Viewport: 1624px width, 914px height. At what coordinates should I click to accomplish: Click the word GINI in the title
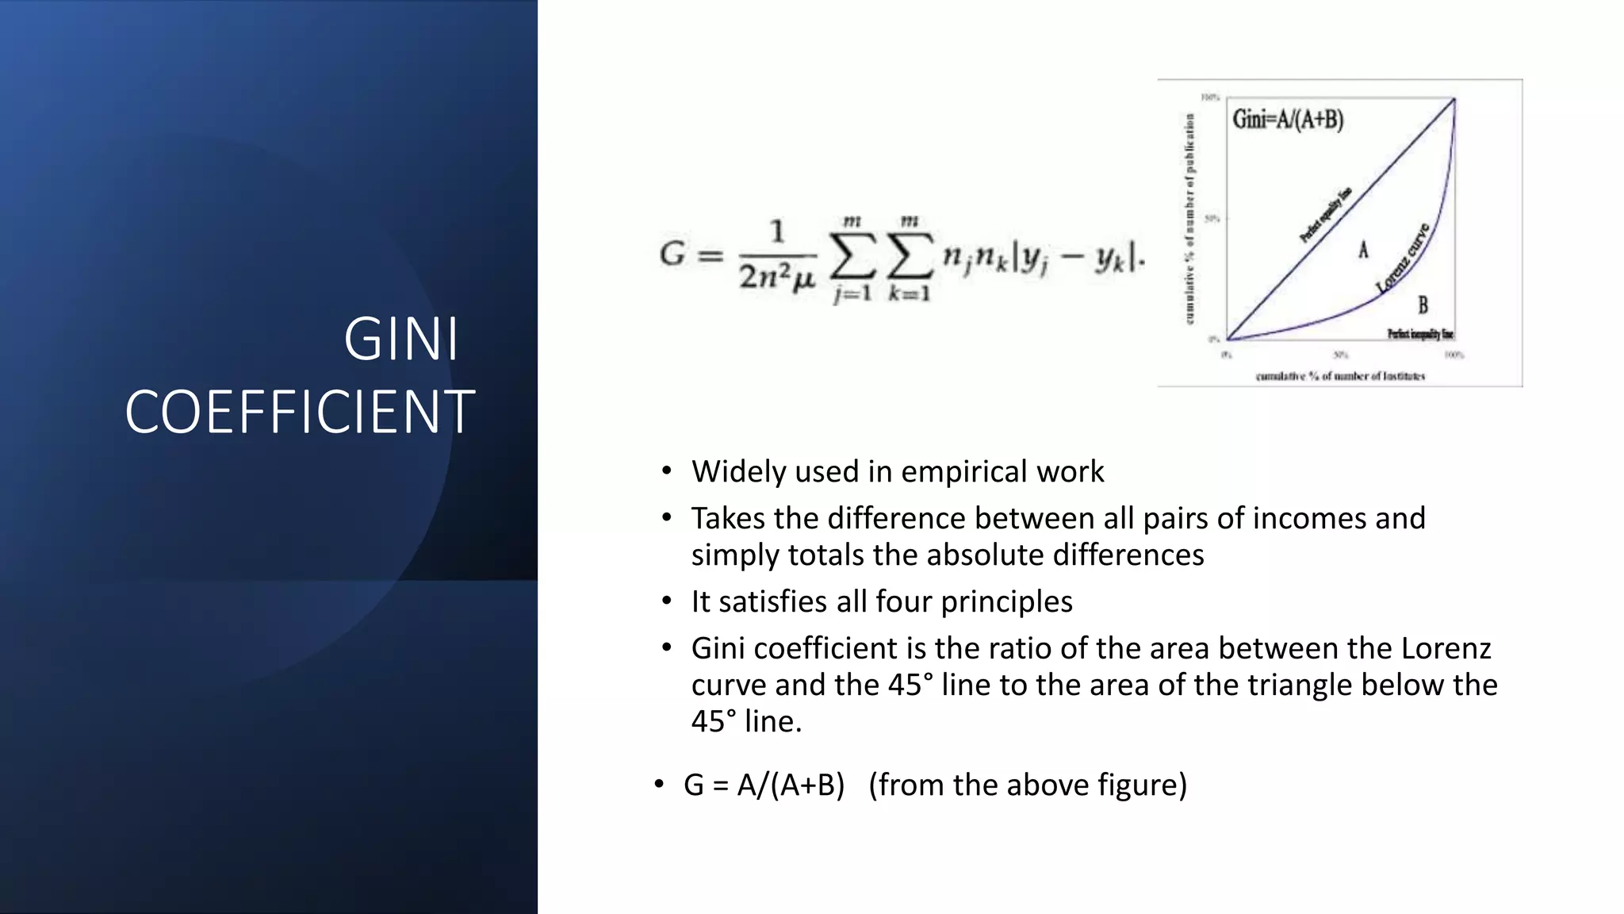click(x=401, y=340)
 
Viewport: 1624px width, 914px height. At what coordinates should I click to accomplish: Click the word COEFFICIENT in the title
click(x=300, y=413)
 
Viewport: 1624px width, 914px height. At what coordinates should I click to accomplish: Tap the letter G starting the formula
click(x=672, y=254)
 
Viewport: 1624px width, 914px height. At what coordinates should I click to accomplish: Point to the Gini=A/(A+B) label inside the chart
click(x=1288, y=120)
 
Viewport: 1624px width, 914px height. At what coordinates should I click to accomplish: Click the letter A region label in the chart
click(x=1363, y=251)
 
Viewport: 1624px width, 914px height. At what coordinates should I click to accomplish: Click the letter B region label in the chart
click(x=1423, y=305)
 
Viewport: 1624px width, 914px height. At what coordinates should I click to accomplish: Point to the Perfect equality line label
click(x=1325, y=216)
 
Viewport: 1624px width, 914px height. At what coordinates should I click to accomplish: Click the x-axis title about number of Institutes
click(x=1340, y=376)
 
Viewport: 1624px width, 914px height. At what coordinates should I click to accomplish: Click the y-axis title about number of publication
click(x=1189, y=218)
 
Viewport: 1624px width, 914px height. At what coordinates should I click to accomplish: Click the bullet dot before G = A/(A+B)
click(x=659, y=785)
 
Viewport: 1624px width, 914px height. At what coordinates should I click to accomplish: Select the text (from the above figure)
click(x=1028, y=785)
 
